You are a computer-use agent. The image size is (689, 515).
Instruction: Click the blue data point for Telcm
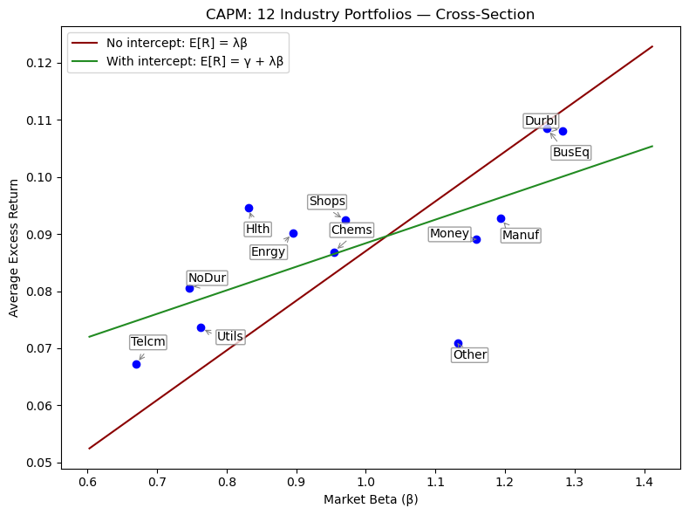[x=136, y=364]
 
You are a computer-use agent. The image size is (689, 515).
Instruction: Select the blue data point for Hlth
[x=249, y=208]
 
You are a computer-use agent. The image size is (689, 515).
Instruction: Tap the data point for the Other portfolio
[x=458, y=343]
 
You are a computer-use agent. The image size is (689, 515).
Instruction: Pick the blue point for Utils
[x=201, y=327]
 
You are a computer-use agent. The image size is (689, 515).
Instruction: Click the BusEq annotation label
[x=570, y=152]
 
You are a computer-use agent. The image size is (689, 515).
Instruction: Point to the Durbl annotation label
[x=541, y=120]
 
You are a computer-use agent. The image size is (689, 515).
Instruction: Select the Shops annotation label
[x=327, y=202]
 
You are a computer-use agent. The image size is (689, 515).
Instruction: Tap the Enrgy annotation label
[x=268, y=252]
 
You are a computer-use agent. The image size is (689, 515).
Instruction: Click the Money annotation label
[x=449, y=234]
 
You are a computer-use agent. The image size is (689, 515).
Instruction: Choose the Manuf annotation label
[x=521, y=236]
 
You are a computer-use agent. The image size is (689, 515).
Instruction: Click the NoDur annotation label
[x=207, y=278]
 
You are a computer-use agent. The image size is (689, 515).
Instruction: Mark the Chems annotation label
[x=351, y=230]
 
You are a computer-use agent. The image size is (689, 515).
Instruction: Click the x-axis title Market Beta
[x=371, y=500]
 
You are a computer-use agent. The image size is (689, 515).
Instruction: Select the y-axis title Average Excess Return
[x=14, y=248]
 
